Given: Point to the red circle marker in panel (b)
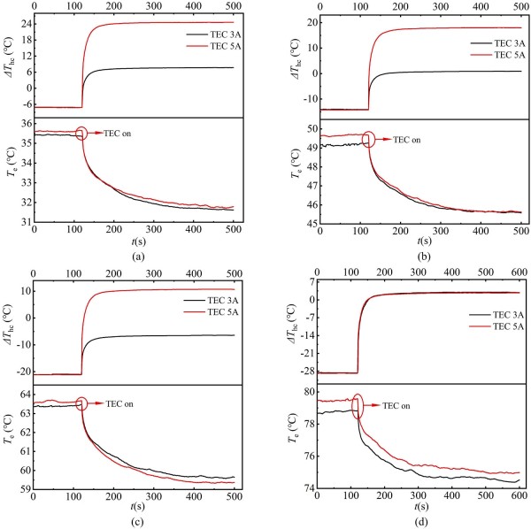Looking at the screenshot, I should (369, 139).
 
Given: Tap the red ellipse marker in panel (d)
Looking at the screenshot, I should (358, 406).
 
